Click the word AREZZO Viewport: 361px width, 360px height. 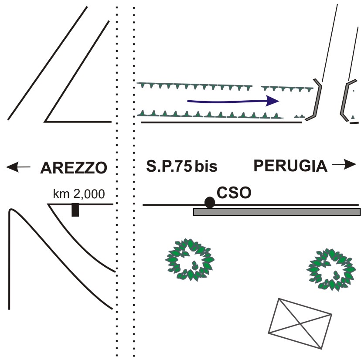click(x=73, y=167)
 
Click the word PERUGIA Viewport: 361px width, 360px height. click(x=291, y=166)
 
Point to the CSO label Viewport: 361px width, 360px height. click(x=234, y=193)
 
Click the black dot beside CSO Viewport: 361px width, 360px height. click(x=210, y=202)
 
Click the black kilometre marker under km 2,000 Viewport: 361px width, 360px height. click(x=75, y=210)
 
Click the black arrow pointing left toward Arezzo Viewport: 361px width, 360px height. click(x=18, y=166)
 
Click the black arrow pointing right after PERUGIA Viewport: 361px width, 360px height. click(x=345, y=164)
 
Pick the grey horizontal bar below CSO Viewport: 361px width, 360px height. click(x=277, y=212)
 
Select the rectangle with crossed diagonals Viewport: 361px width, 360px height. click(x=300, y=323)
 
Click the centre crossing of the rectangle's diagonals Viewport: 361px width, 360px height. click(x=300, y=323)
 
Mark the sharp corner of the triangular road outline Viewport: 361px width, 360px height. click(x=45, y=121)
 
